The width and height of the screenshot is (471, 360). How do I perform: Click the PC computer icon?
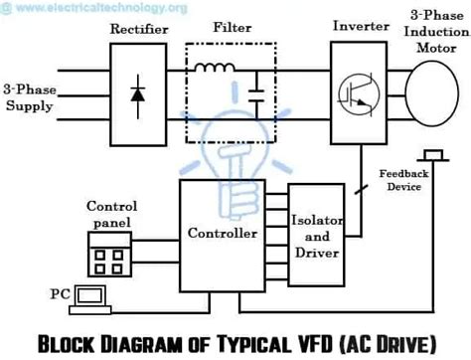point(90,296)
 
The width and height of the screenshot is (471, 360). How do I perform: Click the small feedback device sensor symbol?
point(432,155)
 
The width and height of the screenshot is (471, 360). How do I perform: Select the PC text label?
point(58,295)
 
